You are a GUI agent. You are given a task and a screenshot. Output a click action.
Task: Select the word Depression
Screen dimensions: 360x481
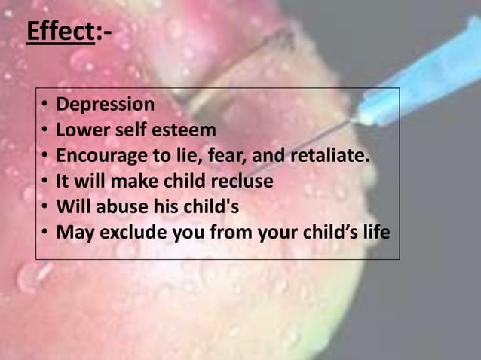pyautogui.click(x=106, y=104)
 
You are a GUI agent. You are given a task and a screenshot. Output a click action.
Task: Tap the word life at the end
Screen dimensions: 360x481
pyautogui.click(x=376, y=233)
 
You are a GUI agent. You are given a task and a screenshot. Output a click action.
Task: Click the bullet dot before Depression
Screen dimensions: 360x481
pyautogui.click(x=45, y=105)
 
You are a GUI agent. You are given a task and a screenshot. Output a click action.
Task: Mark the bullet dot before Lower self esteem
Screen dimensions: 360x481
pyautogui.click(x=45, y=130)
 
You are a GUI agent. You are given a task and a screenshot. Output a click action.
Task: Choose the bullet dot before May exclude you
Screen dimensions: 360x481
pyautogui.click(x=45, y=233)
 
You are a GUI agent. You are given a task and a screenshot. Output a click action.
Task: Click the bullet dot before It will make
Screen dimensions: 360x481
pyautogui.click(x=45, y=182)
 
